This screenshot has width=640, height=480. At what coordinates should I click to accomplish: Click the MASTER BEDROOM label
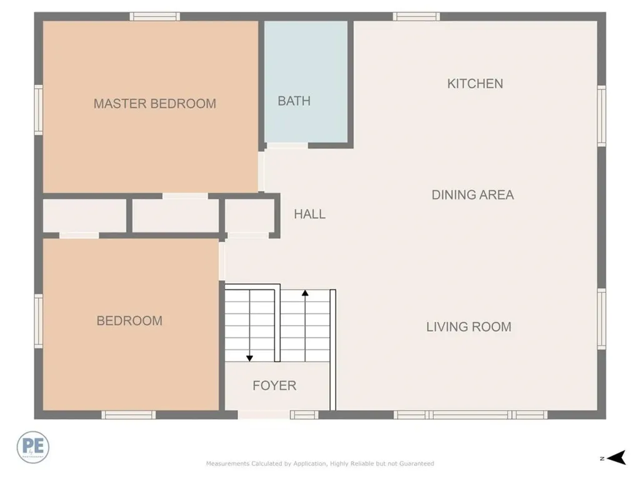[x=154, y=104]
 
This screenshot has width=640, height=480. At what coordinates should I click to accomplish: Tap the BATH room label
[x=294, y=101]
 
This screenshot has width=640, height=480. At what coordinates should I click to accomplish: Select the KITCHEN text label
[x=475, y=84]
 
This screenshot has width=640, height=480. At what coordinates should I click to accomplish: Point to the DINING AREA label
[x=472, y=195]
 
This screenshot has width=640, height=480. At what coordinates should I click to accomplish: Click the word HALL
[x=309, y=214]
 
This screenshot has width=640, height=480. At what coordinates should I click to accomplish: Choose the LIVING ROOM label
[x=469, y=327]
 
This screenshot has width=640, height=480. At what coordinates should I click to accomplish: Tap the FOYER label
[x=274, y=386]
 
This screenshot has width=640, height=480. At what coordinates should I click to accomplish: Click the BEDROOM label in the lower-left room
[x=129, y=321]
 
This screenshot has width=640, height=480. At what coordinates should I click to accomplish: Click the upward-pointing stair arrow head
[x=305, y=292]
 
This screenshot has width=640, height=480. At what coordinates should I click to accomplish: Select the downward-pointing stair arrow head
[x=249, y=357]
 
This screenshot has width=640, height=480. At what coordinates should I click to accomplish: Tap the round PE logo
[x=33, y=447]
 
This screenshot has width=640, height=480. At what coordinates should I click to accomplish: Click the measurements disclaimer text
[x=320, y=464]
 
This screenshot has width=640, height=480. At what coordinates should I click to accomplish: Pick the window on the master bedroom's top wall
[x=155, y=16]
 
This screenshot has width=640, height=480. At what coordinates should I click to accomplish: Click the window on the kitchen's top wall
[x=416, y=16]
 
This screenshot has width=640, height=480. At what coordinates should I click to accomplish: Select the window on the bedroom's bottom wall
[x=128, y=414]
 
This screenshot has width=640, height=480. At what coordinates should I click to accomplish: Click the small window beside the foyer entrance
[x=304, y=414]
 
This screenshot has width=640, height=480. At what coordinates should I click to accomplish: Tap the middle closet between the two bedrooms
[x=175, y=216]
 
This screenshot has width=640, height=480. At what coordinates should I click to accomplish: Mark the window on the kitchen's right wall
[x=601, y=116]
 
